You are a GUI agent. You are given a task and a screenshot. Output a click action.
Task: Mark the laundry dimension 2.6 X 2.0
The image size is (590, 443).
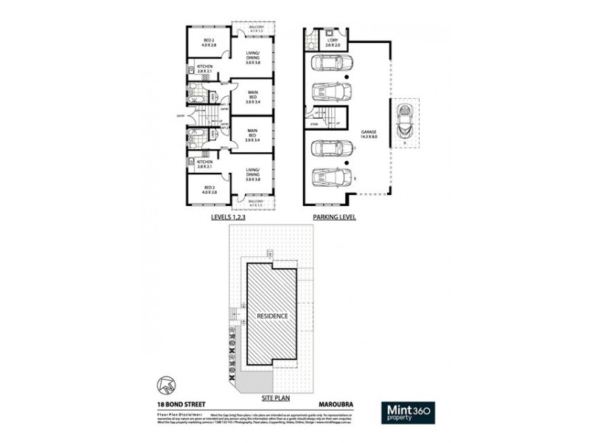(333, 45)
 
